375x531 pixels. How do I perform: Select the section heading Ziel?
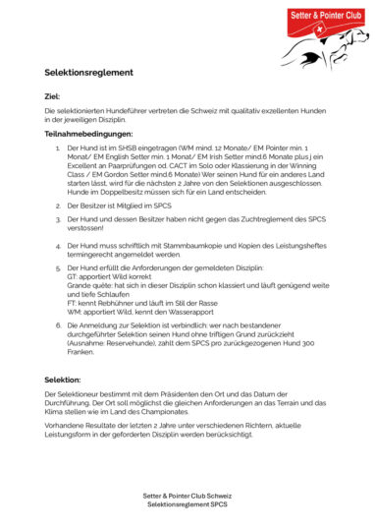(x=53, y=96)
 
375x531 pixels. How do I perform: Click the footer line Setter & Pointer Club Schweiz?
(x=187, y=496)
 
